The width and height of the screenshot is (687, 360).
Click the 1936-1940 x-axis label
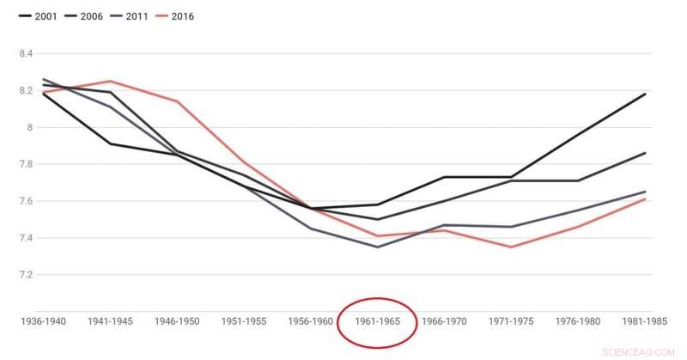[x=43, y=321]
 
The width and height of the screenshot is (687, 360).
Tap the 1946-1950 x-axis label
[x=177, y=321]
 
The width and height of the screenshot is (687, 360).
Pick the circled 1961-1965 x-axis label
[x=377, y=321]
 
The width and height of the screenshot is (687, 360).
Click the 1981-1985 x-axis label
[x=646, y=321]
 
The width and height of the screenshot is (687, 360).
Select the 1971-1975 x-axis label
[x=511, y=321]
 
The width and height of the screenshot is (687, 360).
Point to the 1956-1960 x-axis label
[x=311, y=321]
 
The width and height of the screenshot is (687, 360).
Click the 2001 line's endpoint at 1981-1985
[x=645, y=94]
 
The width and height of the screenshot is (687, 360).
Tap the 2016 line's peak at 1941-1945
[x=110, y=81]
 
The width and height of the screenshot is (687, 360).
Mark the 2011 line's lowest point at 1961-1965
[x=377, y=247]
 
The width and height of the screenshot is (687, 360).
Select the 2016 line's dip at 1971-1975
[x=511, y=247]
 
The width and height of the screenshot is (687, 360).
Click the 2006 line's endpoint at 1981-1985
[x=645, y=153]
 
